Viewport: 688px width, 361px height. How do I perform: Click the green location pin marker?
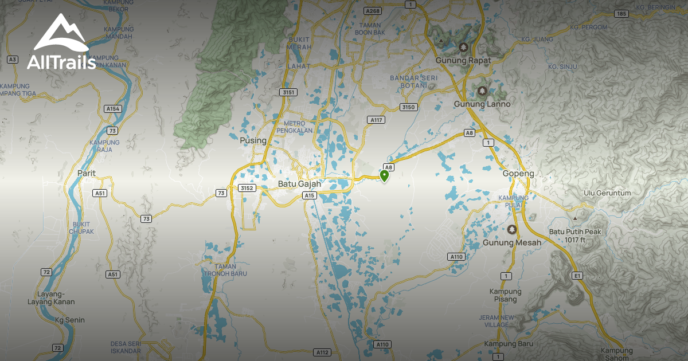point(384,175)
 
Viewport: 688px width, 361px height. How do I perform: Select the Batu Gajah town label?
point(299,184)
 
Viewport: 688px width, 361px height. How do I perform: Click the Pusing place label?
point(253,140)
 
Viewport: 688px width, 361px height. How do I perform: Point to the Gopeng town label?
point(518,174)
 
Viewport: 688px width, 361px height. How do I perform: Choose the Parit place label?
point(86,172)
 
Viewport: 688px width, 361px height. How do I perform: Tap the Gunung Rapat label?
point(460,60)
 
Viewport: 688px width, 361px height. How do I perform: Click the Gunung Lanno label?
point(482,104)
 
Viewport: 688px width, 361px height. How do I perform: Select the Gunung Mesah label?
point(511,242)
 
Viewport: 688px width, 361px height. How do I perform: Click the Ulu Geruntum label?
point(607,193)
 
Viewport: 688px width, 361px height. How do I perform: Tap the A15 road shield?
point(310,195)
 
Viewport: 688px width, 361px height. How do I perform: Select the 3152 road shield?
point(248,188)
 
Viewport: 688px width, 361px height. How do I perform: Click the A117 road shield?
point(376,120)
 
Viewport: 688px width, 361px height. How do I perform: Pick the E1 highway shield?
point(577,276)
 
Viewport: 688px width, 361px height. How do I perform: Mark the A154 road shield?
point(113,108)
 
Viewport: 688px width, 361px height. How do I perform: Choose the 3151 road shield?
point(288,92)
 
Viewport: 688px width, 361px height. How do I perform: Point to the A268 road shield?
point(373,11)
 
